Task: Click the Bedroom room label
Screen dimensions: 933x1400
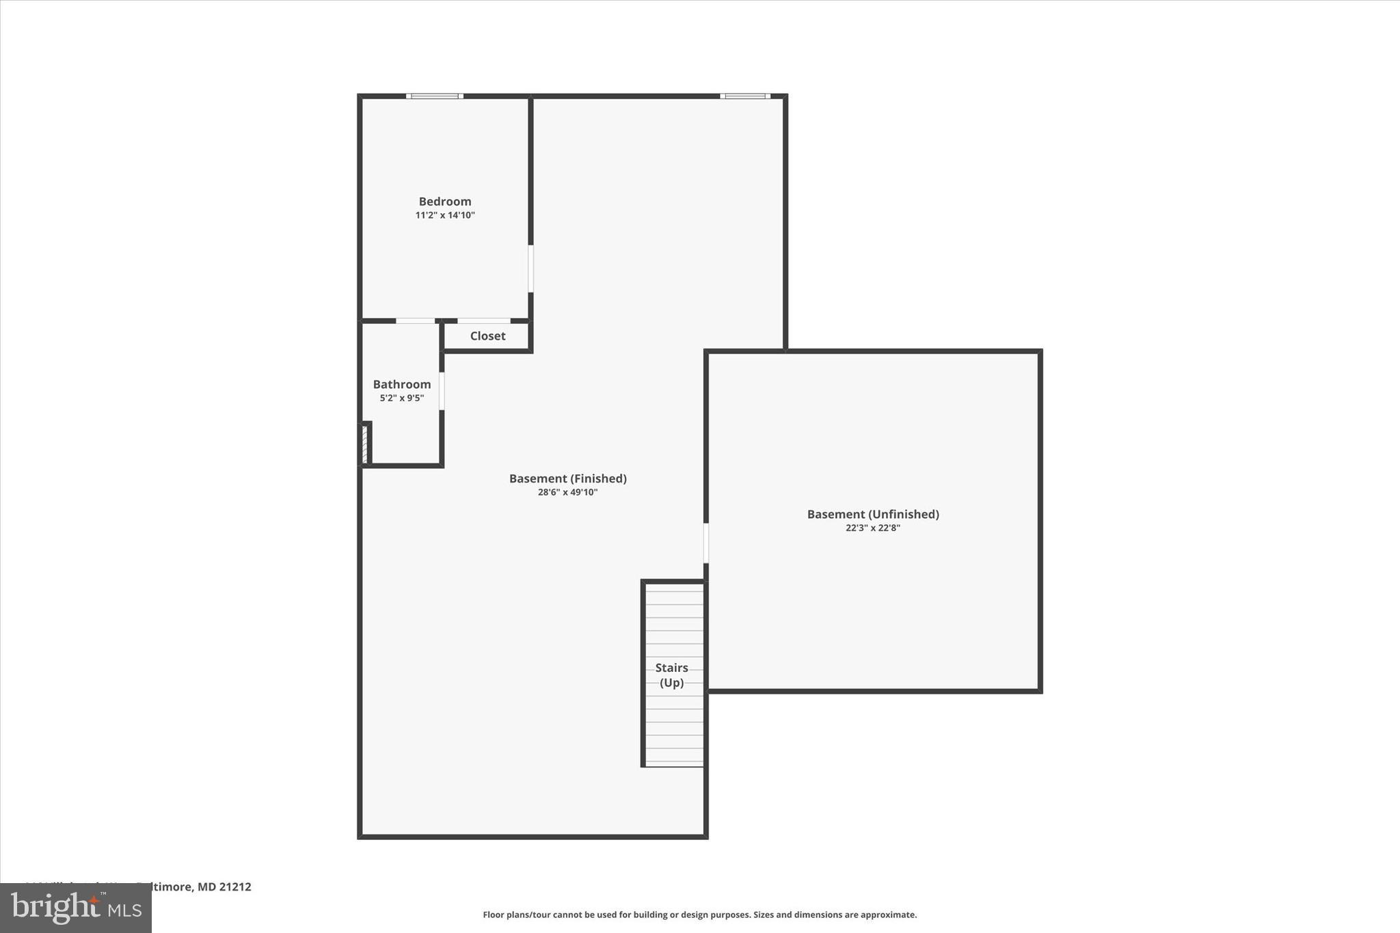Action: (x=445, y=202)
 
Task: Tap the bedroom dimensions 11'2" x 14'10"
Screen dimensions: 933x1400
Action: (x=445, y=215)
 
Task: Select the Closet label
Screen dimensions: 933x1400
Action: (x=487, y=336)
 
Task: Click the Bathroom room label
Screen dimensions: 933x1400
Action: (x=402, y=385)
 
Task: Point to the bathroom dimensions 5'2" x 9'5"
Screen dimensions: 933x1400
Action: (x=402, y=398)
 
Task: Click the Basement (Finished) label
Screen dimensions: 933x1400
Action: (x=567, y=478)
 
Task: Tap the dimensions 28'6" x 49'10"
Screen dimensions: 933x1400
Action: (x=567, y=492)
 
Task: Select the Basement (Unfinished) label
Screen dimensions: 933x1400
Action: (x=873, y=514)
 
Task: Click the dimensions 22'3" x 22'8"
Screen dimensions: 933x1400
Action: (x=873, y=528)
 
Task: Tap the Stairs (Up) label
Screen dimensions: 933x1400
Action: (x=672, y=675)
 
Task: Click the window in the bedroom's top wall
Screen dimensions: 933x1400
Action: (x=435, y=96)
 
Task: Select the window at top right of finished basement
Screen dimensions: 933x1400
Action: (x=745, y=96)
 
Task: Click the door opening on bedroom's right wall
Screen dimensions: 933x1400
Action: (x=530, y=269)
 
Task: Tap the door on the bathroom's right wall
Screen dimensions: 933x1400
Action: (x=442, y=391)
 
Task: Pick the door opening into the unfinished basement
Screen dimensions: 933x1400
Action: (x=706, y=543)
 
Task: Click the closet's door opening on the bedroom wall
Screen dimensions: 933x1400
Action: (x=483, y=321)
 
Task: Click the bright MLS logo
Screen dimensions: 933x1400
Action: (x=76, y=908)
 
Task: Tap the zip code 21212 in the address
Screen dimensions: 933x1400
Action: (x=235, y=887)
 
